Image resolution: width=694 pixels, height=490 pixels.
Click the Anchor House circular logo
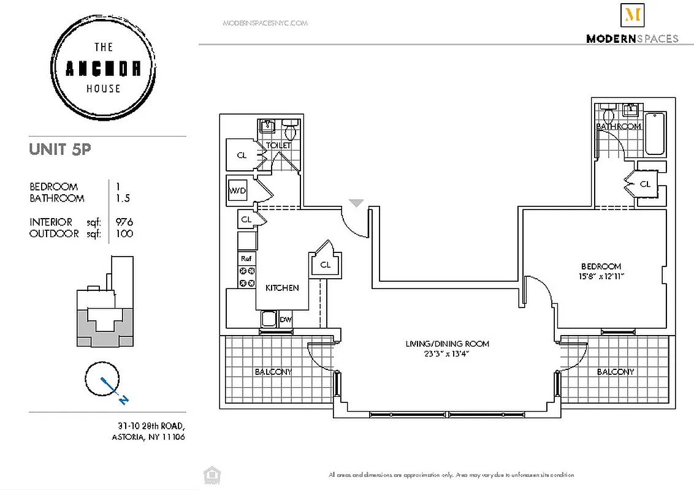coord(103,68)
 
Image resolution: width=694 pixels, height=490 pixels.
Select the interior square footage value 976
coord(124,222)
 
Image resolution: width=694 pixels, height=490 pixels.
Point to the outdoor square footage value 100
coord(124,233)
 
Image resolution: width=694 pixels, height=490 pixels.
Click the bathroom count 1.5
coord(123,198)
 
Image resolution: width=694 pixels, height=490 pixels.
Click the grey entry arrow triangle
coord(356,203)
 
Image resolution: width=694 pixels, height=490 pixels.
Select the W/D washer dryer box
coord(237,190)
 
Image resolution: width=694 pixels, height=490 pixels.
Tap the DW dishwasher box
coord(285,319)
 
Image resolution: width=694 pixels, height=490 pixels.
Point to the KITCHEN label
coord(282,287)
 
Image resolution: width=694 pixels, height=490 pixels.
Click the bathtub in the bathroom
coord(655,135)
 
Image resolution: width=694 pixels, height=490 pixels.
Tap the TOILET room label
coord(278,146)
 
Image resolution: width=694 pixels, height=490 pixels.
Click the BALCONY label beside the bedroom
coord(615,372)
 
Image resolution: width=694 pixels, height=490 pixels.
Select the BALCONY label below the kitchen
coord(273,372)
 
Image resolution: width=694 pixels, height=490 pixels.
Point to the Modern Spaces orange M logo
coord(631,15)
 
